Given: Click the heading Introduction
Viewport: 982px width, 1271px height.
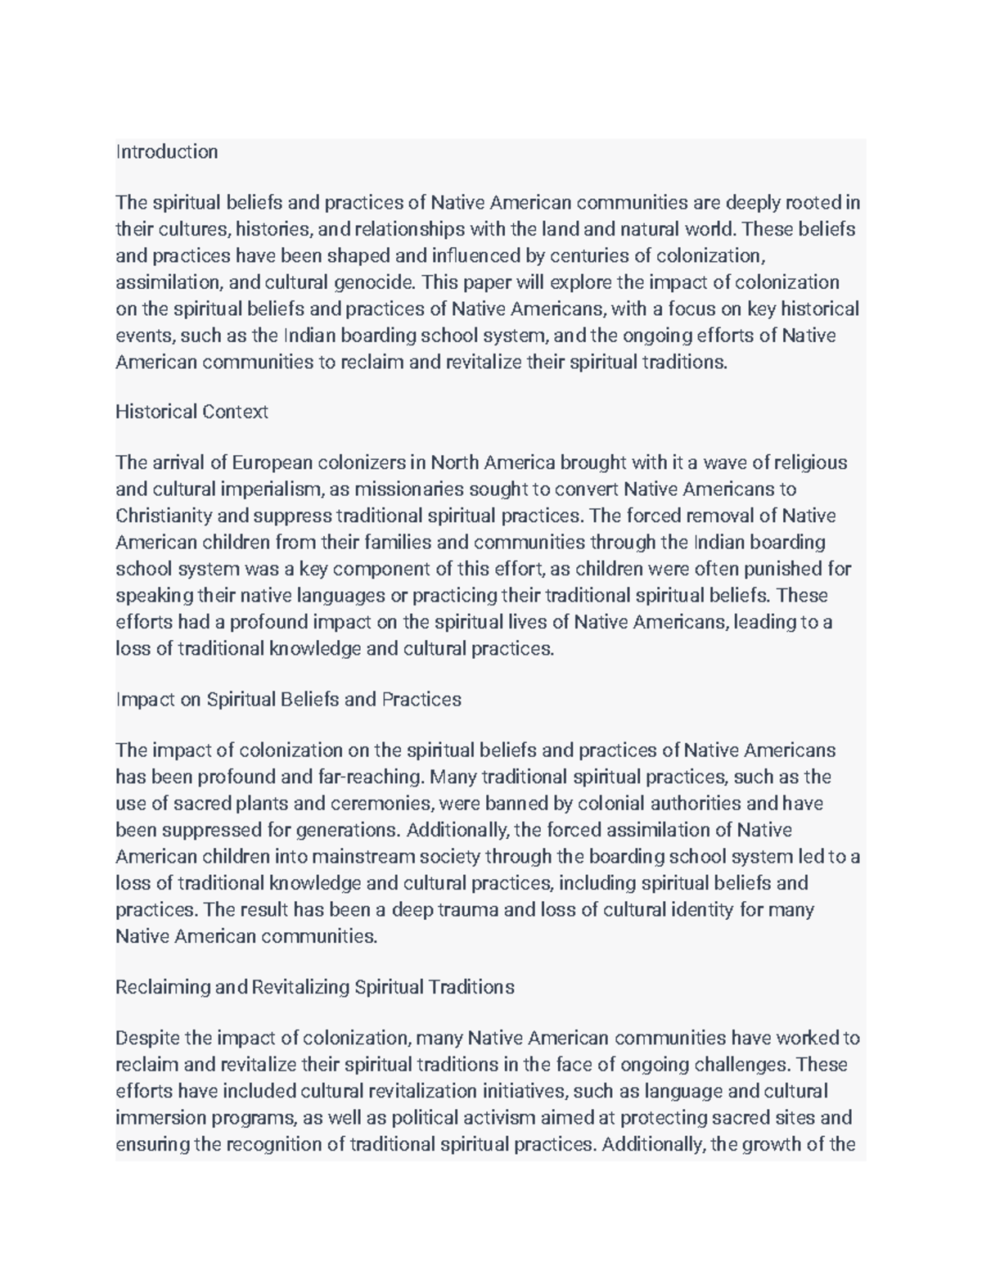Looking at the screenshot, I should (x=167, y=152).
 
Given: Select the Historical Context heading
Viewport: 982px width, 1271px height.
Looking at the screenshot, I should (x=191, y=412).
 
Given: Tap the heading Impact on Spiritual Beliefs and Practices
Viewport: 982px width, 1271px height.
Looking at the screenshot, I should (x=288, y=700).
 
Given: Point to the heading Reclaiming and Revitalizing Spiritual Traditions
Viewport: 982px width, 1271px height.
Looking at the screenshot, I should (x=315, y=988).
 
